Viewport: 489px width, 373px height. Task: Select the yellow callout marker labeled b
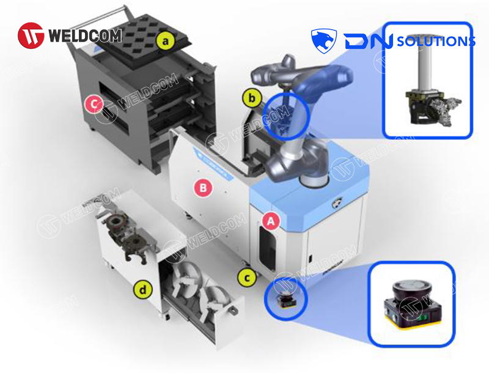click(251, 97)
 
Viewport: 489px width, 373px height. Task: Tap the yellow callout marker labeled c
click(246, 278)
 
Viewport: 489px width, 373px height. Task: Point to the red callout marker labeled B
click(203, 188)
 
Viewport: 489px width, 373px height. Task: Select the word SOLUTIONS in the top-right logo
click(436, 42)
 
